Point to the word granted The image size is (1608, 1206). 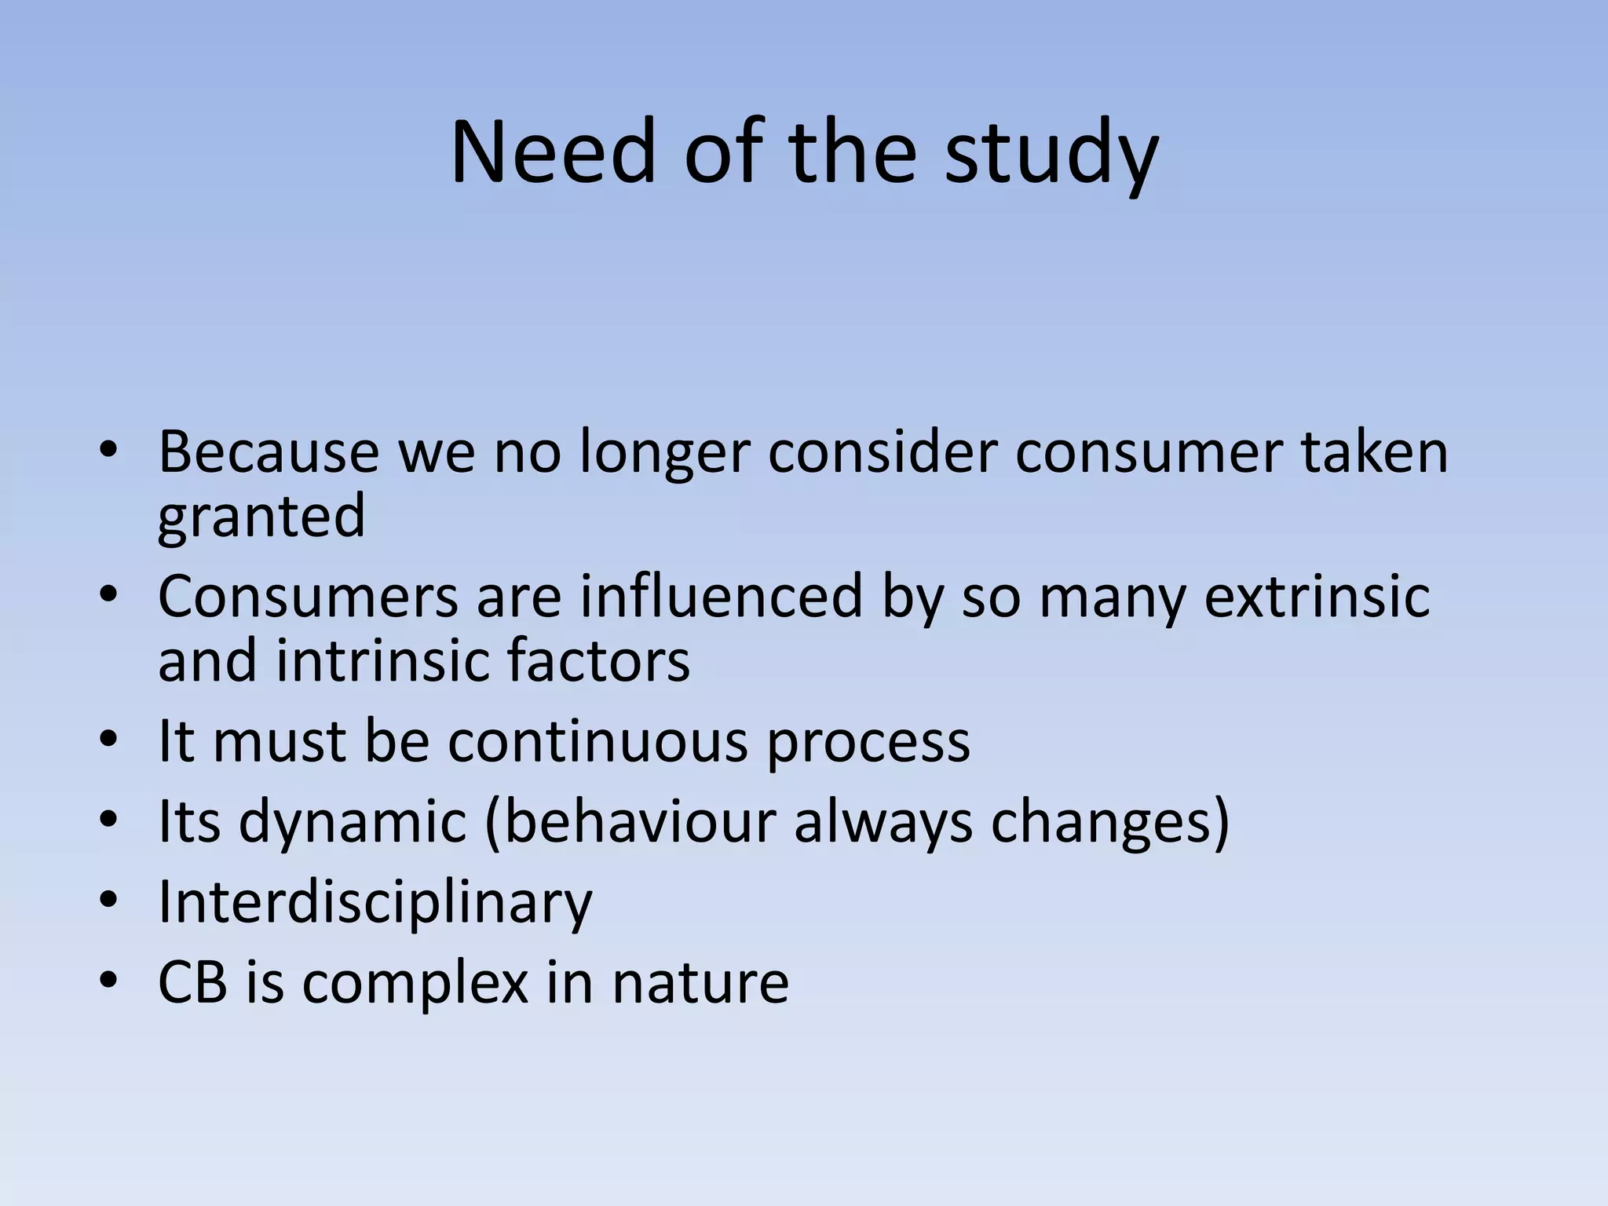(261, 517)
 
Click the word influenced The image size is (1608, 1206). (722, 597)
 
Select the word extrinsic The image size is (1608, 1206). (1317, 597)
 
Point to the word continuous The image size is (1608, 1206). (598, 742)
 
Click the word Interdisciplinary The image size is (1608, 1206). (375, 904)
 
